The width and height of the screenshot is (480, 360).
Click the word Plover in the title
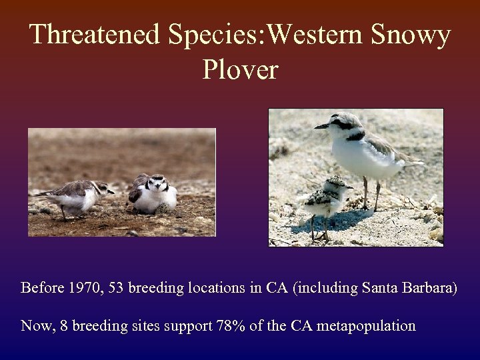pos(240,69)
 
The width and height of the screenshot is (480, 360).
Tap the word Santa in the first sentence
pos(381,288)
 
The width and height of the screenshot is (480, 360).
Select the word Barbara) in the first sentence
pos(429,288)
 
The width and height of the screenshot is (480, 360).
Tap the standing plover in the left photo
pos(77,196)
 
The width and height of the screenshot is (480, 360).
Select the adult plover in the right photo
pos(363,147)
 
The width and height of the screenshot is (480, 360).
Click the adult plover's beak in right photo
pos(321,126)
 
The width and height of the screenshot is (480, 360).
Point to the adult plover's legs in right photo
pos(371,193)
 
